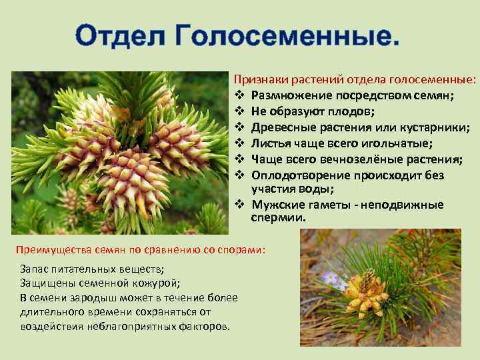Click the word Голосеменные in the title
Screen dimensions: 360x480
point(288,35)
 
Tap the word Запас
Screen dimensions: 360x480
point(35,269)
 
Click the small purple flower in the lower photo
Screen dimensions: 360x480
point(331,278)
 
